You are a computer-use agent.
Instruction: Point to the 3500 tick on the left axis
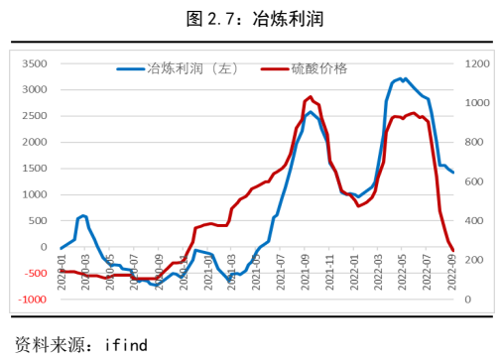(34, 63)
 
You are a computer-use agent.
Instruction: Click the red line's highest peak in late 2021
(312, 97)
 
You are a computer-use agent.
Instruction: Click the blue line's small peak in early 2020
(83, 215)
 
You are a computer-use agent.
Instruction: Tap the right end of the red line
(453, 250)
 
